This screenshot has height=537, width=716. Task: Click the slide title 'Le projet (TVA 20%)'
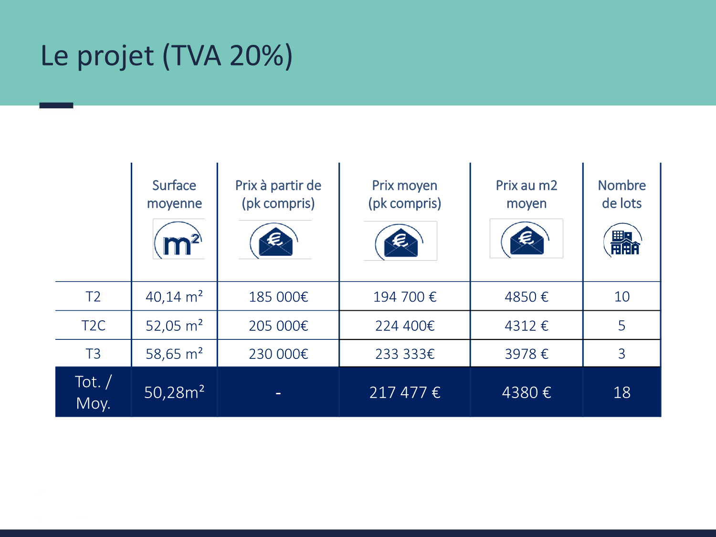click(167, 56)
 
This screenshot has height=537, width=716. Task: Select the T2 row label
click(93, 297)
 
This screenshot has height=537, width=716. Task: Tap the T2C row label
click(93, 326)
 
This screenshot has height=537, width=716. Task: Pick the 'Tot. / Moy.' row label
click(93, 392)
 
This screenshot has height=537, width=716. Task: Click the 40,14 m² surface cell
click(174, 297)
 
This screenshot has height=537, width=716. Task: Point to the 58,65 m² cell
click(174, 354)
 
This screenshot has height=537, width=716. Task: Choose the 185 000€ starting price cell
click(278, 297)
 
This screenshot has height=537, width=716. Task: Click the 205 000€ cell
click(278, 326)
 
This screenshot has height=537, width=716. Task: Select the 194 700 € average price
click(405, 297)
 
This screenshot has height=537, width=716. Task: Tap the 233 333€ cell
click(405, 354)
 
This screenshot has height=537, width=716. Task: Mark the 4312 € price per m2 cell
click(526, 326)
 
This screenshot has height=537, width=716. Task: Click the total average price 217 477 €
click(405, 392)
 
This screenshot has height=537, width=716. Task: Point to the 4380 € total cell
click(526, 392)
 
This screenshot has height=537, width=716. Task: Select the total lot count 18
click(622, 392)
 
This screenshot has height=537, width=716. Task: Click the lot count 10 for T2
click(622, 297)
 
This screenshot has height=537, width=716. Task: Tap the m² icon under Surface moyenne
click(179, 240)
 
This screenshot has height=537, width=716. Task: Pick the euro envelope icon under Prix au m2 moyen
click(526, 239)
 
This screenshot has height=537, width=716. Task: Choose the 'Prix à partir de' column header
click(278, 194)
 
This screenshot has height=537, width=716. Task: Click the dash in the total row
click(278, 394)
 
